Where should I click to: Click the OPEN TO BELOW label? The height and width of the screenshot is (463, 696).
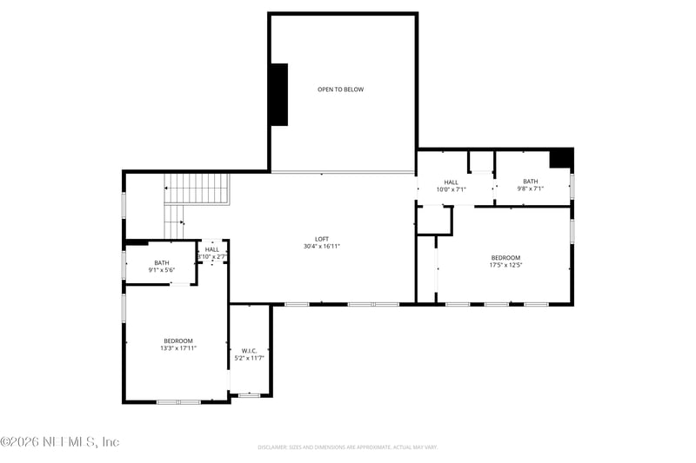point(340,89)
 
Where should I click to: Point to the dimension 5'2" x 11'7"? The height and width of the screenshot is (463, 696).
point(250,358)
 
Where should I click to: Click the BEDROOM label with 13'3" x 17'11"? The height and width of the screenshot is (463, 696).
point(178,341)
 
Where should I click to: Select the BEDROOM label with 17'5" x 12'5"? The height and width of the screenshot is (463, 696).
point(505,257)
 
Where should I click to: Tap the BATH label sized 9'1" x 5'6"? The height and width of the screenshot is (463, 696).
point(162,263)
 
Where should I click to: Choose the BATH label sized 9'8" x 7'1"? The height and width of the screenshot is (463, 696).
point(530,182)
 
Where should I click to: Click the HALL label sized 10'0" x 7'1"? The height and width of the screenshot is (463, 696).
point(451,182)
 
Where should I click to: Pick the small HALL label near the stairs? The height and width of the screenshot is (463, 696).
point(212,249)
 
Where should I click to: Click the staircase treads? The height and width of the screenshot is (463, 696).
point(196,188)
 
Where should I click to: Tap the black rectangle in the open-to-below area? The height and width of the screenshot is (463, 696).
point(278,95)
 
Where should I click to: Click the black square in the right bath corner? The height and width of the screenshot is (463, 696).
point(561,158)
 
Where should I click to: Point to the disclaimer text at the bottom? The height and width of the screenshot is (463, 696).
point(347,447)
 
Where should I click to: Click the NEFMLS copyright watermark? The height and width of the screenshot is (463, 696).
point(60,442)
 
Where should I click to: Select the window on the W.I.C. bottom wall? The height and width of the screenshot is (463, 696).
point(250,395)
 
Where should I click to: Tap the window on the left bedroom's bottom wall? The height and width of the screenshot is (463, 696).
point(178,401)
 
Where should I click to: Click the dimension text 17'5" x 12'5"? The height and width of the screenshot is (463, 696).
point(505,265)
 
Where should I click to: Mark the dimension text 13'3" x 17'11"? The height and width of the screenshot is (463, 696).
point(178,348)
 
